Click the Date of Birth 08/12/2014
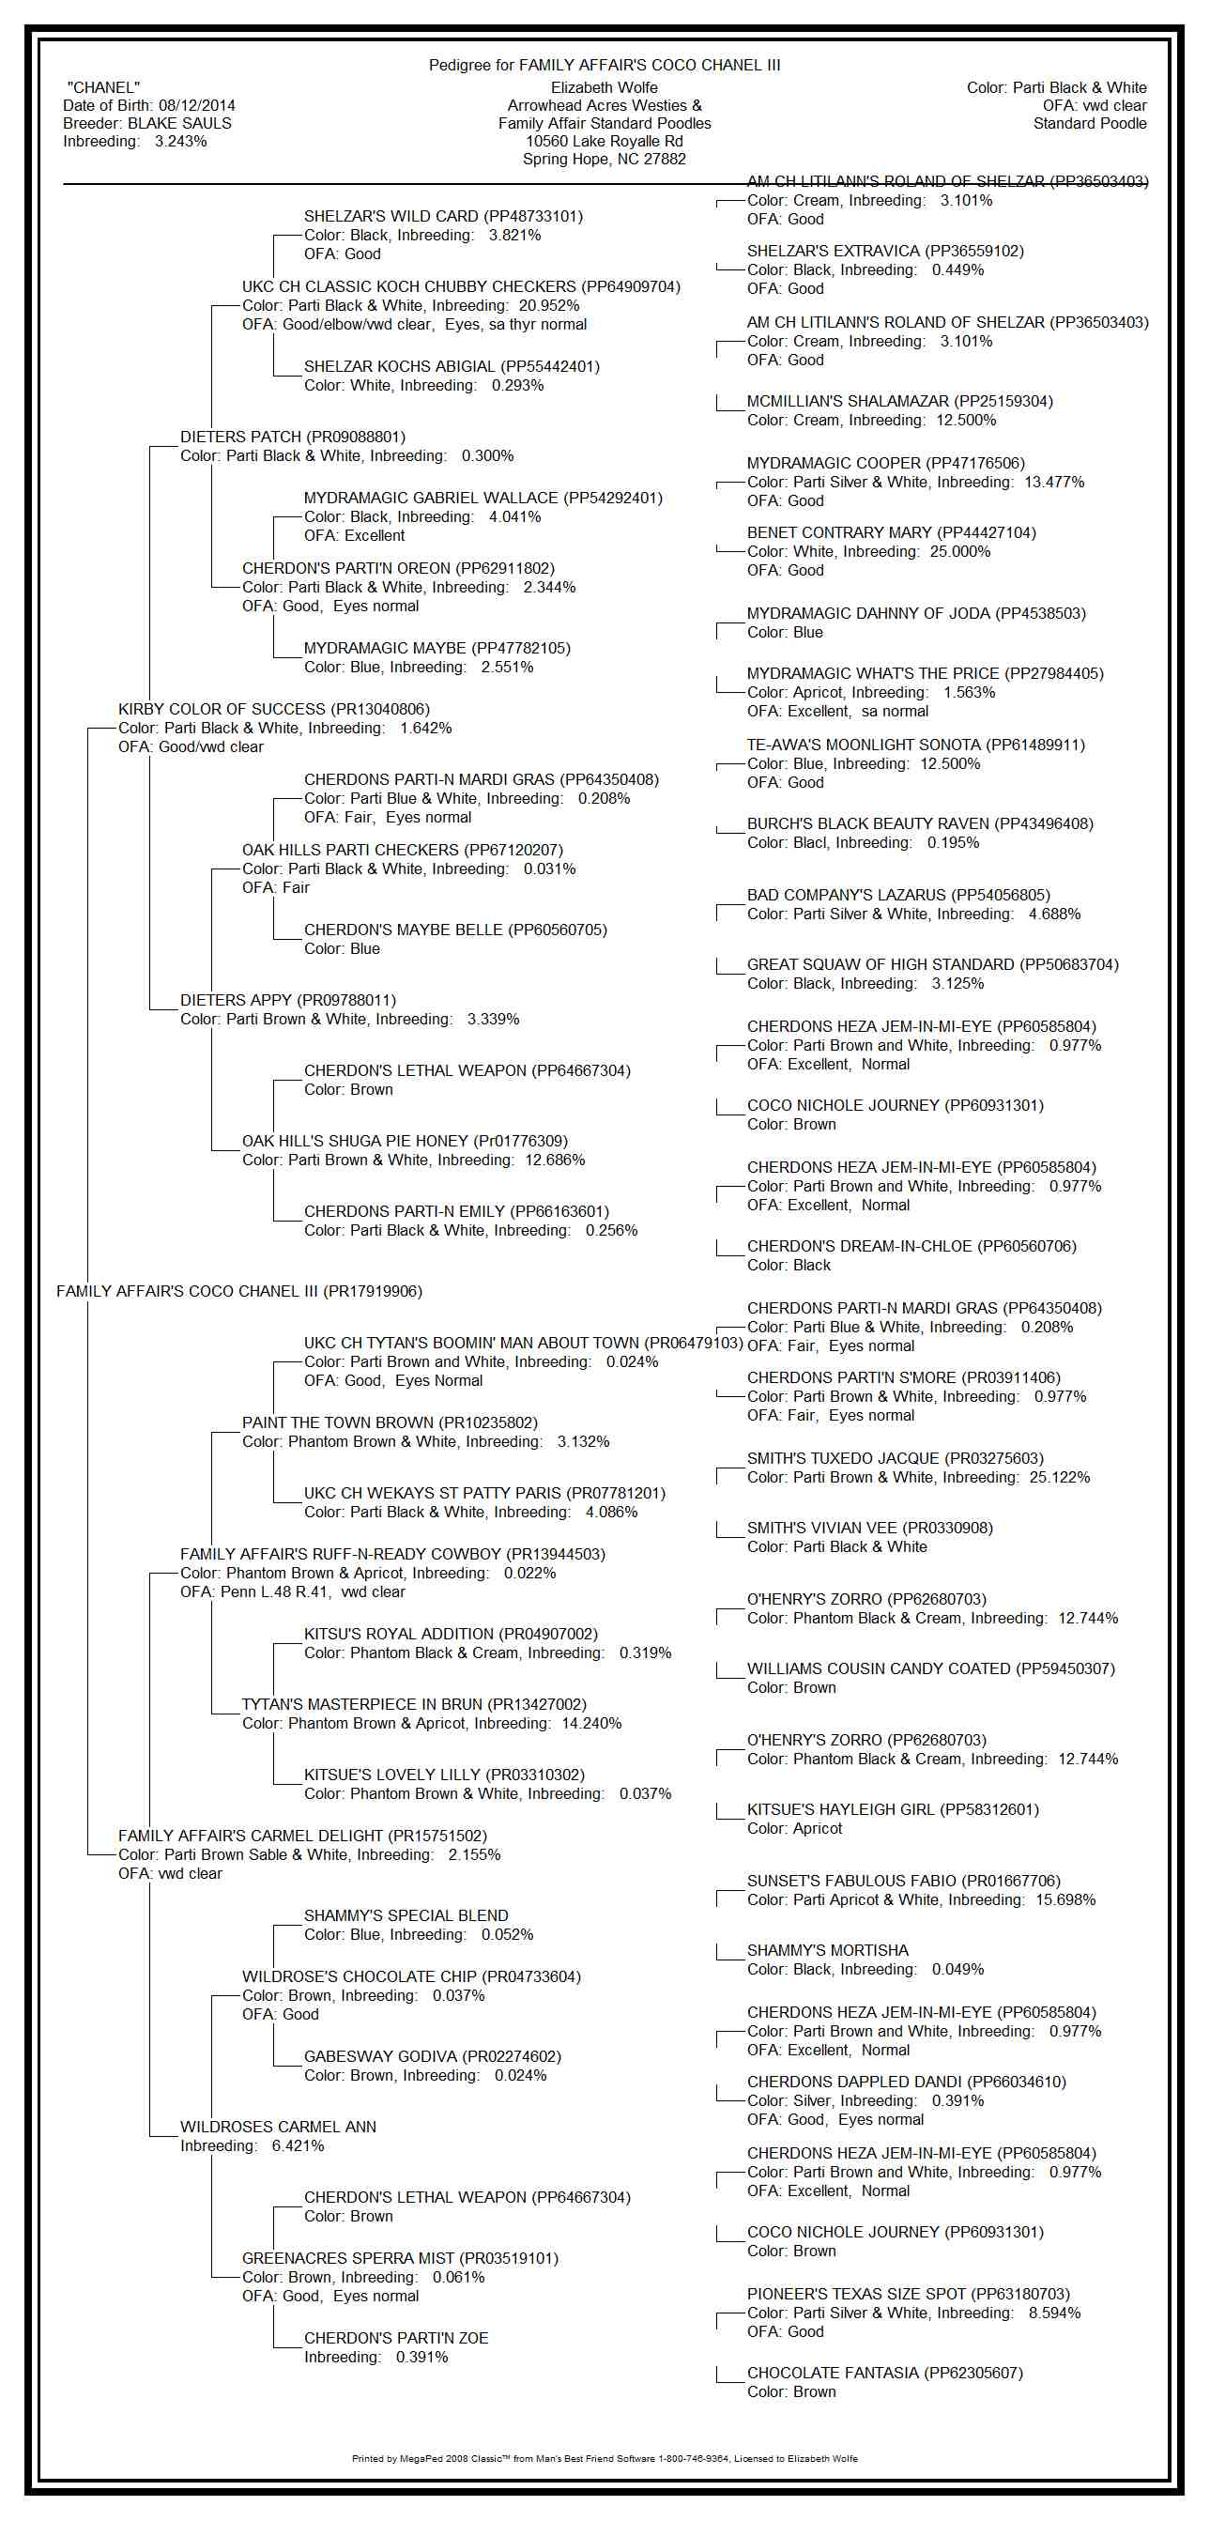coord(148,106)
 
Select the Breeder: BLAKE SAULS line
coord(146,123)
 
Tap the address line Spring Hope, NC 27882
coord(604,159)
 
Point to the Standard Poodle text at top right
coord(1090,123)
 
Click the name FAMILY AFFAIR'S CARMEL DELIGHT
coord(302,1836)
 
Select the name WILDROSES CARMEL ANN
coord(278,2127)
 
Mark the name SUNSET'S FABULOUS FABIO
coord(903,1880)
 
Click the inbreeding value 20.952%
coord(549,305)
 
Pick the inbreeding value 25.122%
coord(1060,1477)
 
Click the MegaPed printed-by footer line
coord(605,2458)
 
